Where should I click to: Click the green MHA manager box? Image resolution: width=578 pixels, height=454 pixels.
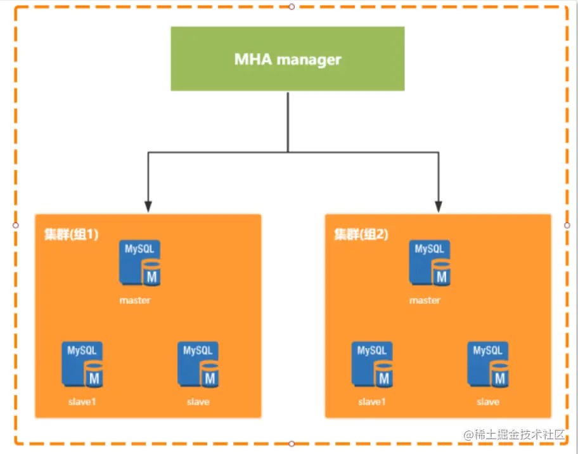pyautogui.click(x=287, y=59)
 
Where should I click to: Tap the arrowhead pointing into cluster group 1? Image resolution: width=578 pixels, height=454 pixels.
pyautogui.click(x=148, y=206)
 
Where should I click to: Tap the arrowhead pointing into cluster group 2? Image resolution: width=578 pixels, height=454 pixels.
pyautogui.click(x=438, y=206)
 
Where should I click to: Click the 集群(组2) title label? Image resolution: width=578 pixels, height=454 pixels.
pyautogui.click(x=361, y=234)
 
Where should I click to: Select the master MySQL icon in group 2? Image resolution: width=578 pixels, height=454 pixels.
pyautogui.click(x=430, y=263)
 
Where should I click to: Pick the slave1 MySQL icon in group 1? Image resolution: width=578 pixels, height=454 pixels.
pyautogui.click(x=82, y=364)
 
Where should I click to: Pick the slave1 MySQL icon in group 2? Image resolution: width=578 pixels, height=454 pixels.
pyautogui.click(x=372, y=364)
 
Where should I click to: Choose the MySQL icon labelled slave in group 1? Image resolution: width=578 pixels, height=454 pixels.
pyautogui.click(x=198, y=364)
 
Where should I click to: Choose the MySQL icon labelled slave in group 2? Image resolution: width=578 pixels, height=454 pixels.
pyautogui.click(x=488, y=364)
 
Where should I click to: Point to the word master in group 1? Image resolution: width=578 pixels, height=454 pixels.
pyautogui.click(x=135, y=300)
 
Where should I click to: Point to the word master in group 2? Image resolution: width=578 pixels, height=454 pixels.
pyautogui.click(x=425, y=300)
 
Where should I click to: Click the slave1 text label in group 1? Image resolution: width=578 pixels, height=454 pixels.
pyautogui.click(x=82, y=401)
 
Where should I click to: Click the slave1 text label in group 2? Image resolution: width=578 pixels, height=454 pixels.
pyautogui.click(x=371, y=401)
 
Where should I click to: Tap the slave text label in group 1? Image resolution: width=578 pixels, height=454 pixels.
pyautogui.click(x=198, y=401)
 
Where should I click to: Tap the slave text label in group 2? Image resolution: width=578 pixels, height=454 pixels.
pyautogui.click(x=488, y=401)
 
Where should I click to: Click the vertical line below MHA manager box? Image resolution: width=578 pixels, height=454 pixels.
pyautogui.click(x=288, y=120)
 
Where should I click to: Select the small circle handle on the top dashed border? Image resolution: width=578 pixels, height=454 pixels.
pyautogui.click(x=292, y=6)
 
